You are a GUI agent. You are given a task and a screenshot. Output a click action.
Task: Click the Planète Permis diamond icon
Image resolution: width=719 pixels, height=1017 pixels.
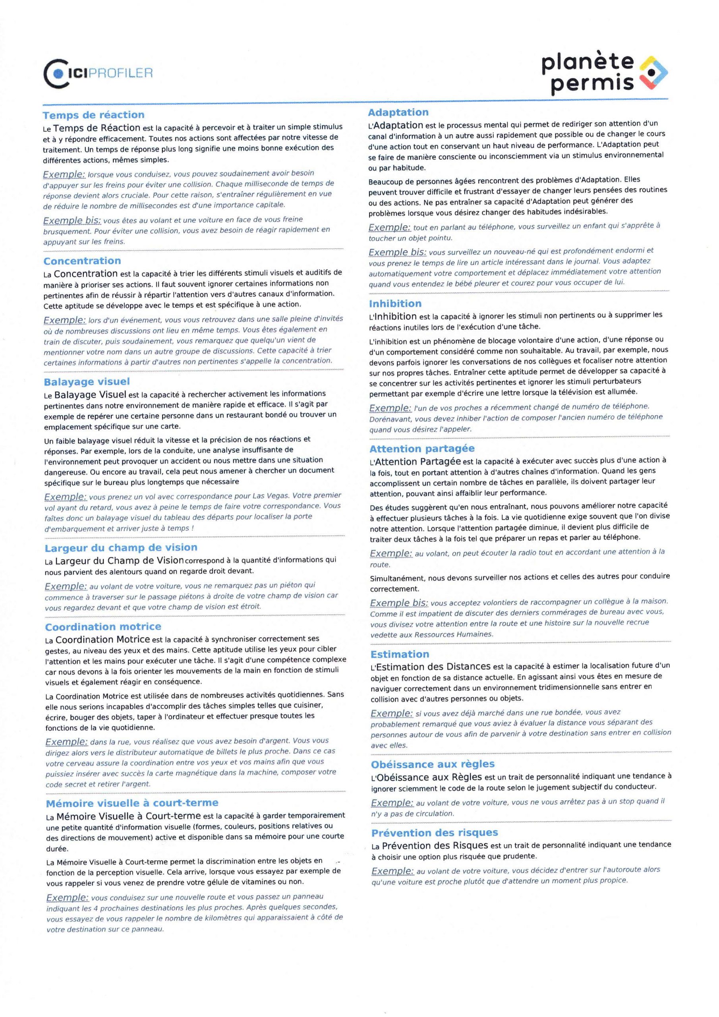pos(653,72)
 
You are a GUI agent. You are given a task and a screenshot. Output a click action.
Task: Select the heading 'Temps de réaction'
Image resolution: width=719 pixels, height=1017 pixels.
pos(93,115)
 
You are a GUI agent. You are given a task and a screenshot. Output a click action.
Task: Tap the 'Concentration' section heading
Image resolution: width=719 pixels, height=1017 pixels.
pos(82,261)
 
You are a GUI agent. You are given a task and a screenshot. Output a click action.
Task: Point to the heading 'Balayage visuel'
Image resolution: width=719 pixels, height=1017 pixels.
pos(87,382)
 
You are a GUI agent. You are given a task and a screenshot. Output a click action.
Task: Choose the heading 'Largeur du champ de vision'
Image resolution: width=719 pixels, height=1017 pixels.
pos(121,548)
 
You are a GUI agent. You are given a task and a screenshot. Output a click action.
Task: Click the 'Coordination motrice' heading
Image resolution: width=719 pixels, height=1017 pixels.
pos(103,627)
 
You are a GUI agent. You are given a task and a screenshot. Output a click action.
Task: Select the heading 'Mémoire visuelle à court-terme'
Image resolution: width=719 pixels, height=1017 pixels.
pos(132,803)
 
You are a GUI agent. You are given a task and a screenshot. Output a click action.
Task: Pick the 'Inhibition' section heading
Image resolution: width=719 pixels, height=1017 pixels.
pos(395,304)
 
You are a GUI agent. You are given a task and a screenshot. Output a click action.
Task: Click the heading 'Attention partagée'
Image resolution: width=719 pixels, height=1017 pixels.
pos(422,449)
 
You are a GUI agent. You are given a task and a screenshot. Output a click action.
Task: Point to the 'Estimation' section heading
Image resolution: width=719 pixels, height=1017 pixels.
pos(400,654)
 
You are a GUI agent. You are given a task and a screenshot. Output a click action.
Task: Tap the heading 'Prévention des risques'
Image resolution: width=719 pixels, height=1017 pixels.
pos(435,833)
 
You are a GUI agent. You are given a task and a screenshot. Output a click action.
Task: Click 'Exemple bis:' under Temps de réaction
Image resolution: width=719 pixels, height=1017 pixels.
pos(72,220)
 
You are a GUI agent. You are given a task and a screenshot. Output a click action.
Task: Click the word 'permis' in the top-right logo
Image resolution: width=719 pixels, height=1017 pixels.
pos(592,83)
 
